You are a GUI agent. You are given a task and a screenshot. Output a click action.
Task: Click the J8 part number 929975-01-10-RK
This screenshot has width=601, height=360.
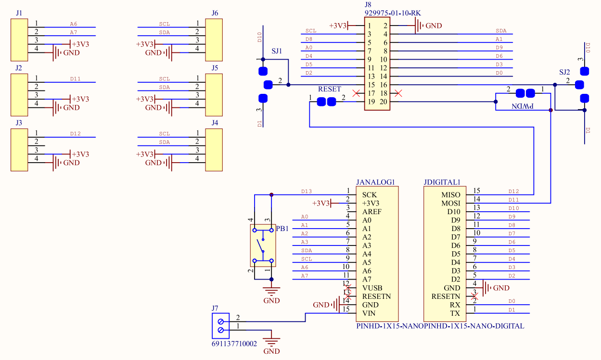(389, 13)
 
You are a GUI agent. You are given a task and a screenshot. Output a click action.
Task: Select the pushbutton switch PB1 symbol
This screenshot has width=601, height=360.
(263, 245)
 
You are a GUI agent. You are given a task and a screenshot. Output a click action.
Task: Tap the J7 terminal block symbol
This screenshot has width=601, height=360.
(221, 325)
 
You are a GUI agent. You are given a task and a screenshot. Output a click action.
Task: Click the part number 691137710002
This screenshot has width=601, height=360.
(234, 344)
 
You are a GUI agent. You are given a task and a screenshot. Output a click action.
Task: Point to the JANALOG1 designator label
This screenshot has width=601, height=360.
(375, 182)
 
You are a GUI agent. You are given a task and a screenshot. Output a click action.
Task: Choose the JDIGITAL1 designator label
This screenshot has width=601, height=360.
(442, 182)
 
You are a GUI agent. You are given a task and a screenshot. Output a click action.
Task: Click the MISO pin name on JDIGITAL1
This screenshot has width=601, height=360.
(451, 195)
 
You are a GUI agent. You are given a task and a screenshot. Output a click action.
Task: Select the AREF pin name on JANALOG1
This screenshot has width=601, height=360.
(372, 212)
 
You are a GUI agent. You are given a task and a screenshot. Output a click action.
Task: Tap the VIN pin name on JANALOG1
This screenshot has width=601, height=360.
(370, 313)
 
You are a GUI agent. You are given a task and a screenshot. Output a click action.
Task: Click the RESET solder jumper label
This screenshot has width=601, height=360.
(329, 89)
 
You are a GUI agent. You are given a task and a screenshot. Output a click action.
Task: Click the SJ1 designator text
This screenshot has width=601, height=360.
(277, 51)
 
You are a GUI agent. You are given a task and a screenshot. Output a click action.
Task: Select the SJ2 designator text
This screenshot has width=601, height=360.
(564, 72)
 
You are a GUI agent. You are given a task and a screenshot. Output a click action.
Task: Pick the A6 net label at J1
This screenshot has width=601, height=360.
(73, 24)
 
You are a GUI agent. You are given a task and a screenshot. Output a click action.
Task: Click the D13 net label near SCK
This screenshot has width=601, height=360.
(307, 191)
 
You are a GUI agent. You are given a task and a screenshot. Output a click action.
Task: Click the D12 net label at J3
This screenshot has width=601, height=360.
(75, 133)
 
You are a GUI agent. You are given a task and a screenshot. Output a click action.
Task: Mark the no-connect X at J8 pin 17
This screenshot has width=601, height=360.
(356, 93)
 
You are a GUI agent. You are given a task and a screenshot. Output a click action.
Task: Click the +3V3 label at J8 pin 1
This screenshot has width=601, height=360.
(338, 26)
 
